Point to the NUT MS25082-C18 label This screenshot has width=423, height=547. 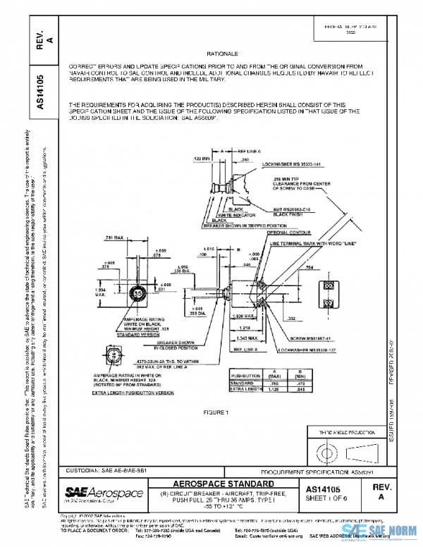293,210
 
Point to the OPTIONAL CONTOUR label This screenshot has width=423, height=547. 286,233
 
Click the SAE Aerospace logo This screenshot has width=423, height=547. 104,492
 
